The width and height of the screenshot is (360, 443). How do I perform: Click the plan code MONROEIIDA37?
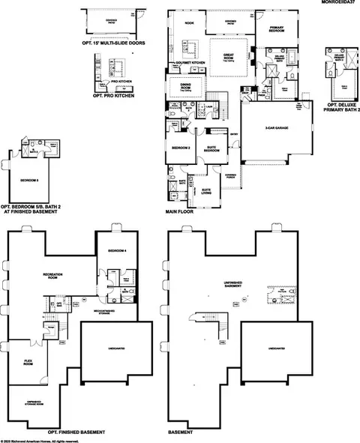tap(338, 4)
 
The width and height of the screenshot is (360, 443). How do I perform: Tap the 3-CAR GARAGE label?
tap(272, 127)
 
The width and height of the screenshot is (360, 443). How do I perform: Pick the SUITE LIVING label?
tap(204, 191)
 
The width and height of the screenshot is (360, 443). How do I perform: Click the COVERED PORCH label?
tap(229, 175)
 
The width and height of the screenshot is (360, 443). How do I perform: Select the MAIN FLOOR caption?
tap(180, 212)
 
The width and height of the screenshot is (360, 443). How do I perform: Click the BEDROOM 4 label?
tap(117, 250)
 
